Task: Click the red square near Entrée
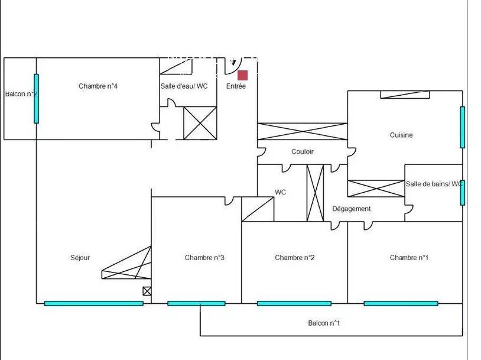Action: tap(242, 75)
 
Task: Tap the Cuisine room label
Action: tap(401, 135)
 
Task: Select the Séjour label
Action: tap(80, 258)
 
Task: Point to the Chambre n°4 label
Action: tap(98, 86)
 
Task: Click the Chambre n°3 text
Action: tap(204, 258)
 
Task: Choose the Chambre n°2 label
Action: tap(294, 258)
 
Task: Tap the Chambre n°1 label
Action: tap(409, 258)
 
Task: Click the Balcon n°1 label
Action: tap(324, 323)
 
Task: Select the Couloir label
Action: tap(303, 151)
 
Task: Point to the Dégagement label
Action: tap(351, 209)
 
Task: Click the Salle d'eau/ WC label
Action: tap(184, 86)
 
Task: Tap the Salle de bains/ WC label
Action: tap(434, 184)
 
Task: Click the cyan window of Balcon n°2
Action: tap(36, 99)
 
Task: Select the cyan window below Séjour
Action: tap(93, 303)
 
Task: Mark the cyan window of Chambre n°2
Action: tap(294, 303)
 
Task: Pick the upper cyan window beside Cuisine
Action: tap(462, 127)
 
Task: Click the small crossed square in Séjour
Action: tap(147, 291)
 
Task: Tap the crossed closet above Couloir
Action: tap(302, 131)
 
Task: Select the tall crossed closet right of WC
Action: tap(315, 193)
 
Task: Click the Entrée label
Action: tap(236, 86)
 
